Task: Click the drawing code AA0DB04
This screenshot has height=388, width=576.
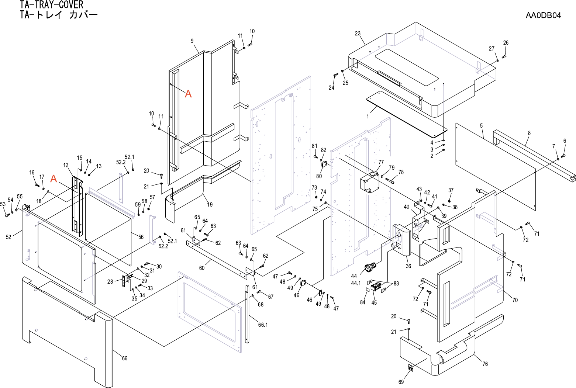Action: (x=543, y=15)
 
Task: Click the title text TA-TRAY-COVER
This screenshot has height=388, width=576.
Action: (x=52, y=5)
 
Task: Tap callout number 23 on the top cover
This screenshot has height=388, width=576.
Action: (x=358, y=34)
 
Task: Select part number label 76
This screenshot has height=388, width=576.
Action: (x=485, y=364)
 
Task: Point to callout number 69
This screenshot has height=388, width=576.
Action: (x=401, y=382)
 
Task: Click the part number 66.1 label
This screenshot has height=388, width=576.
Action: (x=263, y=325)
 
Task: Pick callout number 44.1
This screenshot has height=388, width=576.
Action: (x=355, y=283)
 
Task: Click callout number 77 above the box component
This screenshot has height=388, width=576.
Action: (x=381, y=162)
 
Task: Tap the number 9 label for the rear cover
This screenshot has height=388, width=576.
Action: (x=192, y=41)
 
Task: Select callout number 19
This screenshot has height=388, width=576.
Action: (x=210, y=204)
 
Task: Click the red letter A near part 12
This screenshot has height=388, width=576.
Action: (x=54, y=179)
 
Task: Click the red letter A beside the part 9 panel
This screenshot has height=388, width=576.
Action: (x=188, y=94)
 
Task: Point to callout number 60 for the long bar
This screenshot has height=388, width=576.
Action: (x=202, y=268)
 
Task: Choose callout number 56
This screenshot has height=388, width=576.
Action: (x=141, y=237)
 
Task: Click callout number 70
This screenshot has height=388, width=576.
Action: (x=515, y=300)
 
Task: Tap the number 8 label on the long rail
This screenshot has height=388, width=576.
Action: (x=529, y=133)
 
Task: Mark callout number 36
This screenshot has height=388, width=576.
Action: (x=408, y=266)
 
